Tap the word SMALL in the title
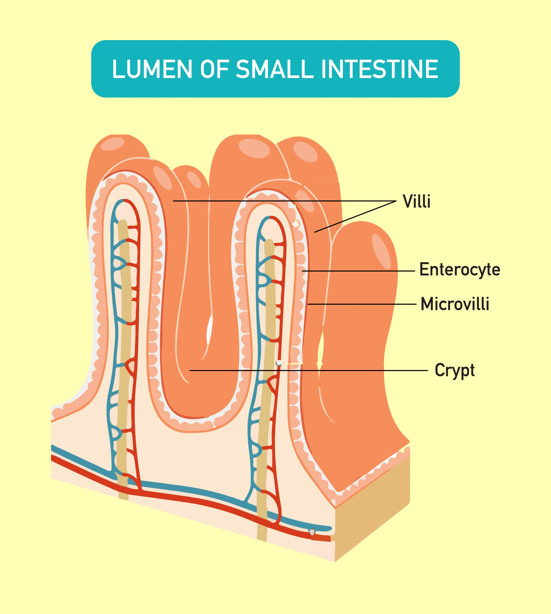click(274, 69)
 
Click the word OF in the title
click(213, 69)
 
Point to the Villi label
click(417, 201)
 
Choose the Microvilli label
click(455, 304)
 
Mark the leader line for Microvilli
click(363, 304)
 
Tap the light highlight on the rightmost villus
click(381, 251)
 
